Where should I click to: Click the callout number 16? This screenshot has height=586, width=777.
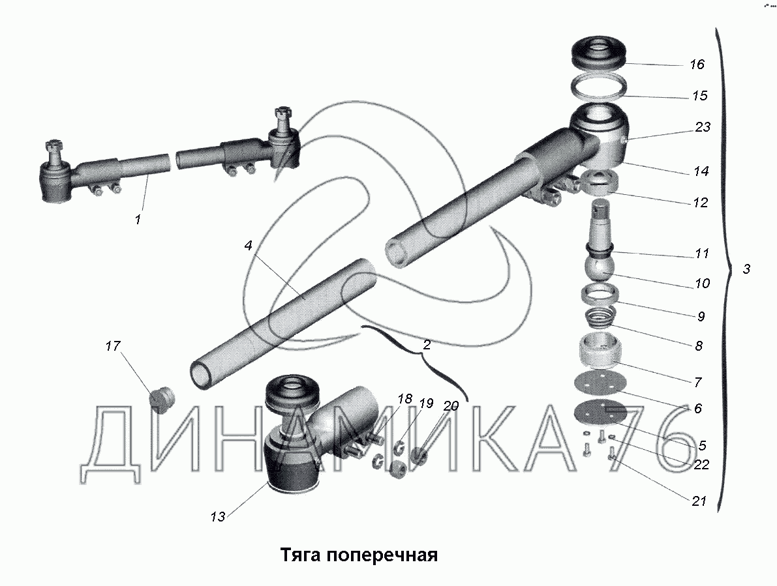[697, 65]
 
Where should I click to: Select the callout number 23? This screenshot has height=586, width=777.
[703, 127]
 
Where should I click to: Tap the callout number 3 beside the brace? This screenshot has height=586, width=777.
[747, 269]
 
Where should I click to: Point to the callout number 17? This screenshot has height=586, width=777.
[113, 345]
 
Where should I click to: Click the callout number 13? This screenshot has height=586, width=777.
[217, 517]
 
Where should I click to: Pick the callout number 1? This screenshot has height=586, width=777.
[138, 219]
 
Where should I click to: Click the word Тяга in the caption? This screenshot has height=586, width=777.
[302, 555]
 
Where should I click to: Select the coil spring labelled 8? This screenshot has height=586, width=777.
[599, 317]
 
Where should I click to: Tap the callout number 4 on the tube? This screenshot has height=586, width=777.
[249, 246]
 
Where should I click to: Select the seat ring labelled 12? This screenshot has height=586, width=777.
[599, 183]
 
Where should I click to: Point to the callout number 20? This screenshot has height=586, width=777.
[450, 406]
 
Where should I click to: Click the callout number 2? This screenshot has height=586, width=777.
[426, 344]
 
